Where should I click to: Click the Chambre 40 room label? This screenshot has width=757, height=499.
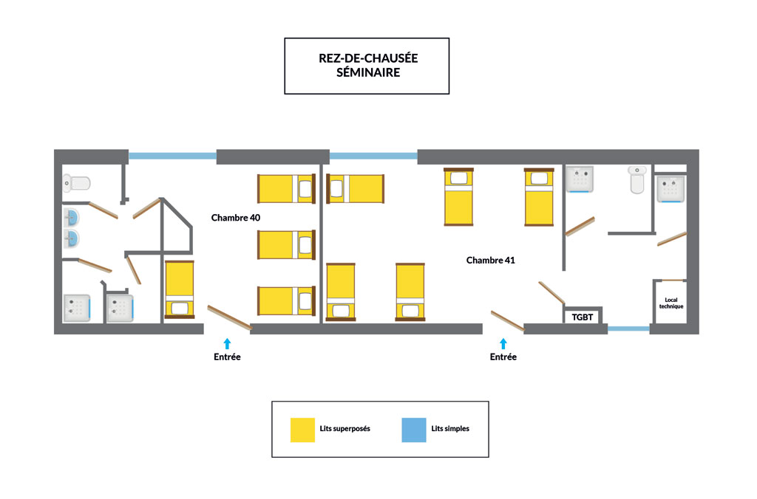tap(236, 218)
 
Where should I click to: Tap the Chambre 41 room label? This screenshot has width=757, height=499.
tap(491, 261)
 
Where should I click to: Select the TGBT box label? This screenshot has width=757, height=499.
tap(583, 317)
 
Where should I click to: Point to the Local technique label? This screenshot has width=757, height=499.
tap(671, 303)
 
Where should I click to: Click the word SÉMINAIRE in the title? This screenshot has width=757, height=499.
tap(368, 72)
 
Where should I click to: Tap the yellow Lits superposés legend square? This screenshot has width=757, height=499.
tap(302, 430)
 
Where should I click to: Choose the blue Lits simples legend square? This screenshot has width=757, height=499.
tap(414, 430)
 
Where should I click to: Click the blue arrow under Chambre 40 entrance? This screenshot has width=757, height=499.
tap(227, 343)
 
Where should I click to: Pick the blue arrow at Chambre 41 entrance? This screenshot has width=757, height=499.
tap(503, 343)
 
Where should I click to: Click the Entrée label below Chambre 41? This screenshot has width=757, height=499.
tap(503, 357)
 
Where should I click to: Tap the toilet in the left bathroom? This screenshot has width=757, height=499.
tap(77, 183)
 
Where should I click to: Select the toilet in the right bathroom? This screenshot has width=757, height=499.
tap(637, 180)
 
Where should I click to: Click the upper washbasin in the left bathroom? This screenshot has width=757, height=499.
tap(71, 218)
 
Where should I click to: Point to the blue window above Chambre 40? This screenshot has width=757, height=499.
tap(172, 156)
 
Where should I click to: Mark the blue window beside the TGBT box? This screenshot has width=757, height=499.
tap(628, 328)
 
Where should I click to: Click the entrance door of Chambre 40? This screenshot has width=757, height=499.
tap(230, 317)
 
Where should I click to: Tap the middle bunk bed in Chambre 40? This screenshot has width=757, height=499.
tap(286, 245)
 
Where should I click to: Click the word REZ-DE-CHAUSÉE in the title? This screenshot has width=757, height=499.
tap(368, 58)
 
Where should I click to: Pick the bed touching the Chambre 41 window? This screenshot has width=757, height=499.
tap(356, 188)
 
